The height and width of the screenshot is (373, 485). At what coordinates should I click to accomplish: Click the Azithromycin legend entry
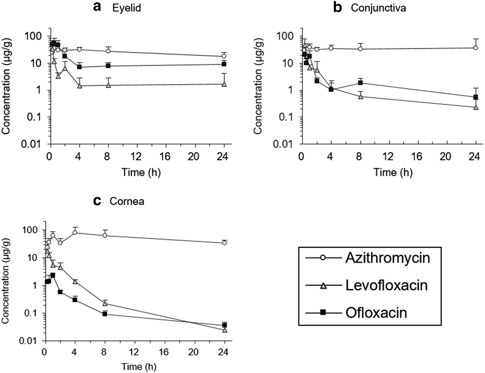coord(388,258)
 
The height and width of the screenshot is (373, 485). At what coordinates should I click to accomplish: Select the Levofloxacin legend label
coord(386,285)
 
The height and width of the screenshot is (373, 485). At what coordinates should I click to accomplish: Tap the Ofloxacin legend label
coord(376,312)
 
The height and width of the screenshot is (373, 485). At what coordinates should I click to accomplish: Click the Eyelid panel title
coord(126,8)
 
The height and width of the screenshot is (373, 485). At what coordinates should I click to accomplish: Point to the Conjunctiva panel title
coord(378,8)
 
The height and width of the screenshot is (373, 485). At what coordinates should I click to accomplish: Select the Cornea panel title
coord(127,201)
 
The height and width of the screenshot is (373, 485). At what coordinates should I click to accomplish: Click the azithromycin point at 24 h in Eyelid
coord(224,56)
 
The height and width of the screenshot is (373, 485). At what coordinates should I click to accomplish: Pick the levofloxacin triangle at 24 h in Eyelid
coord(224,84)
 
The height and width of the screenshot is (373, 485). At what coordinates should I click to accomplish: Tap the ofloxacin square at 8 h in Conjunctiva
coord(360,83)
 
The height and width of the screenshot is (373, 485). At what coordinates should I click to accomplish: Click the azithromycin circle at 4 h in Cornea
coord(74,233)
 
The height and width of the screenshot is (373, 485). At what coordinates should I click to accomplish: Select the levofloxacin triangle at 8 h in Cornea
coord(105,303)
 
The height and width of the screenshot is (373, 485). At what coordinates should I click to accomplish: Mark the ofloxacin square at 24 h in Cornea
coord(224,325)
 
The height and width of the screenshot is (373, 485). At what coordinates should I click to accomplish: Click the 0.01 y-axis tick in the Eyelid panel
coord(35,144)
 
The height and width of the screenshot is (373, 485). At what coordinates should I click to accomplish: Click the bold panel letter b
coord(338,8)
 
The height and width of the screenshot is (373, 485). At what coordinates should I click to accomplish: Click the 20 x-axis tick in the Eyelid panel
coord(195,157)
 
